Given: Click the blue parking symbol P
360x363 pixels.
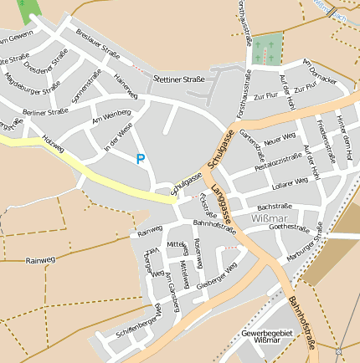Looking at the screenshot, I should (141, 158).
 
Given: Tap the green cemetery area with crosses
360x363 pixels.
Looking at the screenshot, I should (267, 49).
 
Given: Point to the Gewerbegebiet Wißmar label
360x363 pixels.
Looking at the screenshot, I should (266, 337).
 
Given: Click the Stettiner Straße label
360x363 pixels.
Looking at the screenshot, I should (179, 79).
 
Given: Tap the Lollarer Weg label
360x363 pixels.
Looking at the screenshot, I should (290, 181).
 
